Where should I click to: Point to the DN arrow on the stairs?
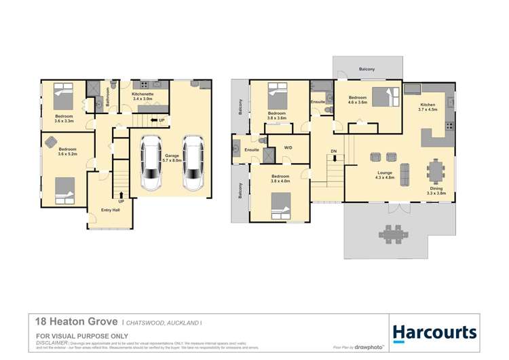333,154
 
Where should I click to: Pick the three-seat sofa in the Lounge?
404,174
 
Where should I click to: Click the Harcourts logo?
434,332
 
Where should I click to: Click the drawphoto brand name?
369,347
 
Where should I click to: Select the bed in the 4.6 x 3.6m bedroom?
385,99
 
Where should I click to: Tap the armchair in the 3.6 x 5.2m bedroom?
52,141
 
